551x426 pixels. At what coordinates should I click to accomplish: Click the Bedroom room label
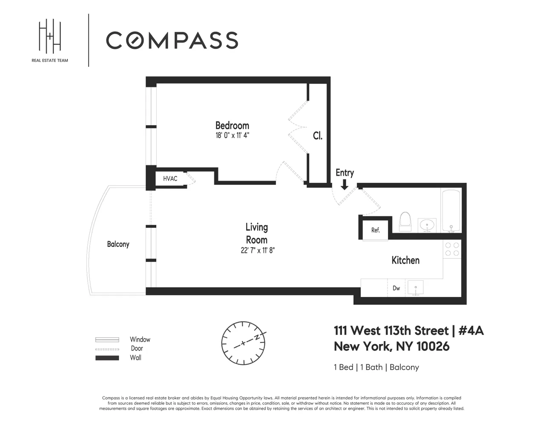coord(232,126)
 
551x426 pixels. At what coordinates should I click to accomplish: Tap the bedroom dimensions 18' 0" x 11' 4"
coord(232,135)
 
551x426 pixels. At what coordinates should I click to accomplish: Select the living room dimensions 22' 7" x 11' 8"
coord(258,250)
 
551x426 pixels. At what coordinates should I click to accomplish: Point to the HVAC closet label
coord(170,179)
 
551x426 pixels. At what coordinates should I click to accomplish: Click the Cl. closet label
coord(318,136)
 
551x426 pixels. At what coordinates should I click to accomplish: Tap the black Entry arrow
coord(344,184)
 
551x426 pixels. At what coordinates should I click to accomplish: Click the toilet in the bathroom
coord(405,222)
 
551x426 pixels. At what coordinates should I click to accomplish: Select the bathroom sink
coord(427,225)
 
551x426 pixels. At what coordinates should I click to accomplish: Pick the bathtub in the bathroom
coord(451,211)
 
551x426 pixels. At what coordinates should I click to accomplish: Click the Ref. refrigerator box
coord(375,230)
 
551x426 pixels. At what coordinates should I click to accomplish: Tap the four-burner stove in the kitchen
coord(452,249)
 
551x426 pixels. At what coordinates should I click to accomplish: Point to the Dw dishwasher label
coord(396,288)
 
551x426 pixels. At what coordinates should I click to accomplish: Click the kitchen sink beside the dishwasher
coord(416,288)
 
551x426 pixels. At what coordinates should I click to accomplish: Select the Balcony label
coord(118,244)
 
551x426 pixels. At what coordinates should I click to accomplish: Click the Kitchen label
coord(405,260)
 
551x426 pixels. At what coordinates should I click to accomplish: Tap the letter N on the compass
coord(257,337)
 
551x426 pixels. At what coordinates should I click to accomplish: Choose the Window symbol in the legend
coord(107,340)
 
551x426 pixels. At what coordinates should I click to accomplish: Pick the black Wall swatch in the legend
coord(107,358)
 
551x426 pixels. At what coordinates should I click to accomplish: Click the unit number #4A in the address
coord(471,331)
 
